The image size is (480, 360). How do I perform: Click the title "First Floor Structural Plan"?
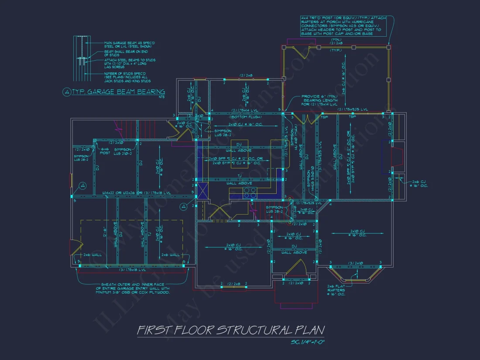pyautogui.click(x=231, y=330)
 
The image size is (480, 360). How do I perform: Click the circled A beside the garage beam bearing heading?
pyautogui.click(x=67, y=92)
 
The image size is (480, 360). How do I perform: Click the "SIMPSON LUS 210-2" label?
pyautogui.click(x=123, y=151)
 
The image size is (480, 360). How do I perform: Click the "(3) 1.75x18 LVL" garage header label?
pyautogui.click(x=131, y=269)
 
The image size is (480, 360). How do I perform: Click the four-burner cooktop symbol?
pyautogui.click(x=250, y=193)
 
